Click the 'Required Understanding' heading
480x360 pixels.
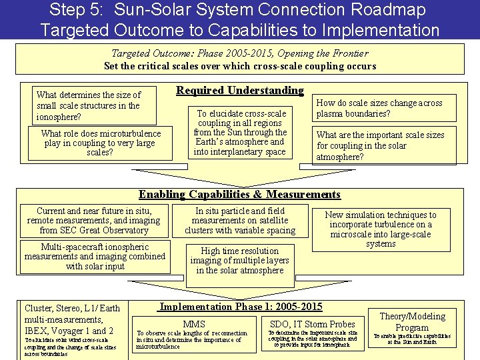coord(240,91)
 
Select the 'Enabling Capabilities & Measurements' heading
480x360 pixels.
coord(239,195)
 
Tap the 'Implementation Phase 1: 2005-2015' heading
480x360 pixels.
coord(241,307)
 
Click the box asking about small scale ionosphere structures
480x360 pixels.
coord(93,105)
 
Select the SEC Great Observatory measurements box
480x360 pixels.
coord(94,220)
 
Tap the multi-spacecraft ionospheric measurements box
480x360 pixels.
coord(94,257)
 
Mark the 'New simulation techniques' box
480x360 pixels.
coord(381,229)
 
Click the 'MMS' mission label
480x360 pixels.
coord(194,324)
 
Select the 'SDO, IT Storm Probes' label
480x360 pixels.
coord(313,324)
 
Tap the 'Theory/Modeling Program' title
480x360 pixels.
coord(412,321)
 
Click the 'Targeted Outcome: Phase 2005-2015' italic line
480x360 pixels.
coord(239,53)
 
